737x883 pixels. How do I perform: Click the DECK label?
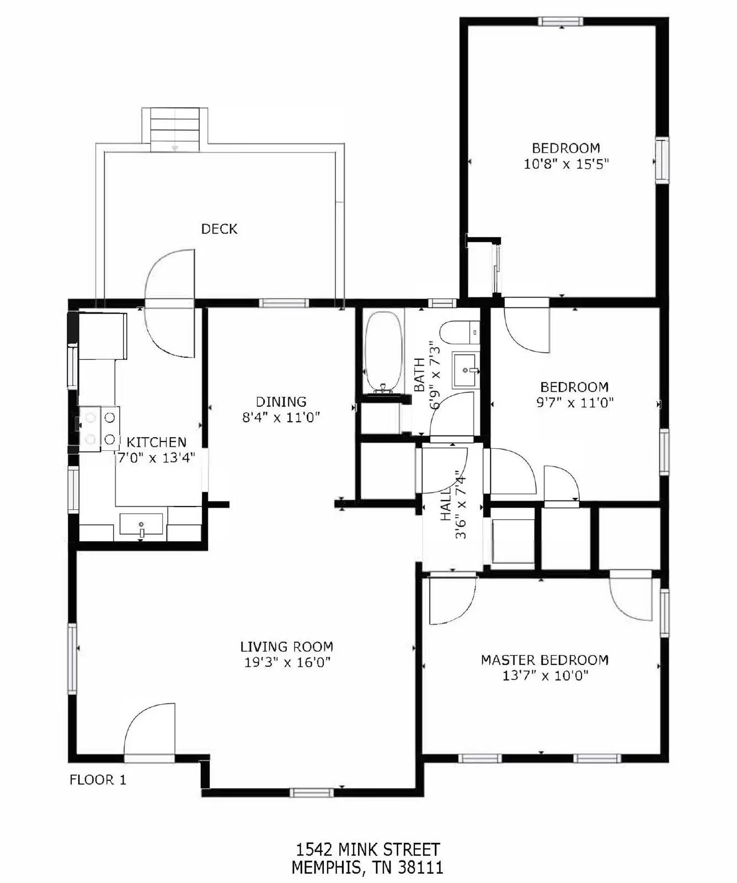click(x=219, y=228)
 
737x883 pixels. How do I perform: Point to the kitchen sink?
click(x=142, y=524)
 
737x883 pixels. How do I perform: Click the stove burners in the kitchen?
click(x=99, y=429)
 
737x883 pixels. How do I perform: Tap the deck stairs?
click(x=175, y=130)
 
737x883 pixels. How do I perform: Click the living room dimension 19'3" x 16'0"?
click(x=287, y=662)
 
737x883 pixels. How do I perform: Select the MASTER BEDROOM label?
click(x=544, y=659)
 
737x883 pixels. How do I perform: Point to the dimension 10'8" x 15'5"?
click(x=565, y=164)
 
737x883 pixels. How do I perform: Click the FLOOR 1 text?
click(x=98, y=780)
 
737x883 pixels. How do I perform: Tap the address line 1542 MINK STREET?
click(x=368, y=849)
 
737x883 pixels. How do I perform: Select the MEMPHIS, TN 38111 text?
click(x=367, y=868)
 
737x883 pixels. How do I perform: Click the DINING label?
click(x=281, y=401)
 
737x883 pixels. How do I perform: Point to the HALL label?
click(x=446, y=503)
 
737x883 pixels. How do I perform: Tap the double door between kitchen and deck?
click(x=170, y=302)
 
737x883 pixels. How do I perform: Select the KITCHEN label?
click(x=156, y=441)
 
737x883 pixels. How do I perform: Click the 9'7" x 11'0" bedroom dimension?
click(x=575, y=403)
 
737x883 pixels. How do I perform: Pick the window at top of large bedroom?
click(x=560, y=22)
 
